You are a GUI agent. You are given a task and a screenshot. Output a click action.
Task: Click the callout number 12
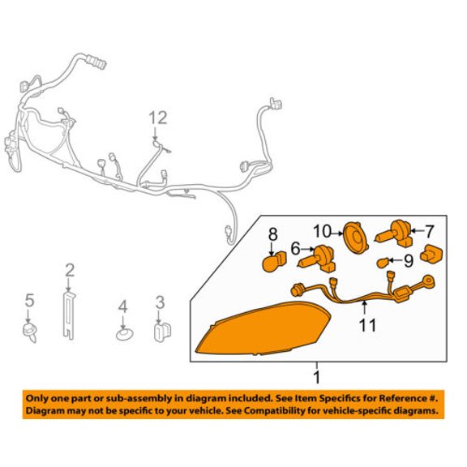pyautogui.click(x=158, y=118)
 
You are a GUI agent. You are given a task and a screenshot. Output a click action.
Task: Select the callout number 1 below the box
pyautogui.click(x=317, y=377)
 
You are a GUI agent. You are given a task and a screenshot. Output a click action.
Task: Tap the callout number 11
pyautogui.click(x=368, y=325)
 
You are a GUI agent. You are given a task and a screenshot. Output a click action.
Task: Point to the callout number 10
pyautogui.click(x=322, y=231)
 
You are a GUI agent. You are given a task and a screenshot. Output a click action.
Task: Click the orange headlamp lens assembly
pyautogui.click(x=263, y=329)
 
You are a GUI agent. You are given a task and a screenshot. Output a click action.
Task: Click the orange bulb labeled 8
pyautogui.click(x=274, y=262)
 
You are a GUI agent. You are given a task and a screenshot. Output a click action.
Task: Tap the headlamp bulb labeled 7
pyautogui.click(x=394, y=237)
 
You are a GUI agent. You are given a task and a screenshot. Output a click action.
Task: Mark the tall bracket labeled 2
pyautogui.click(x=69, y=315)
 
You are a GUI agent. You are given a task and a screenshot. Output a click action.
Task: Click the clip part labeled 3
pyautogui.click(x=163, y=332)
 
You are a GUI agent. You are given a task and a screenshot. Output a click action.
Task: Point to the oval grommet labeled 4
pyautogui.click(x=125, y=335)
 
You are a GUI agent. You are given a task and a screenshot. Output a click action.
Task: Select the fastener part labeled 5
pyautogui.click(x=30, y=332)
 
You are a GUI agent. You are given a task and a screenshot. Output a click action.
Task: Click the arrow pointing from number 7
pyautogui.click(x=418, y=230)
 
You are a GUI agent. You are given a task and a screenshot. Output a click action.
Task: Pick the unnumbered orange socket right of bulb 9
pyautogui.click(x=431, y=254)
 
